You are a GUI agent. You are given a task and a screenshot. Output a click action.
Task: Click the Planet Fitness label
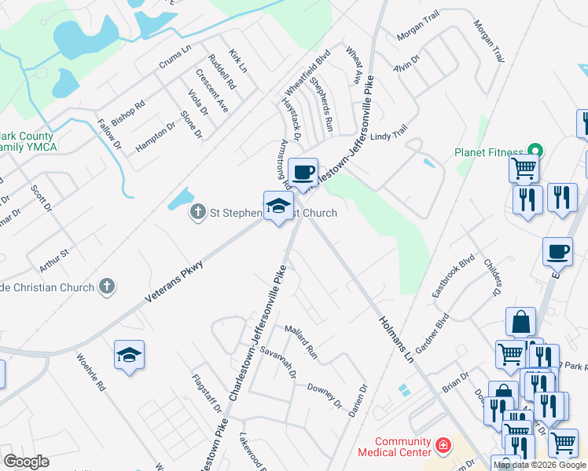tap(488, 152)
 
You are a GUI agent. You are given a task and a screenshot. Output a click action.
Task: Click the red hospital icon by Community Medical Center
tap(443, 446)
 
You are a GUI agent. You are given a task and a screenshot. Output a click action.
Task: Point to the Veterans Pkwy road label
tap(174, 283)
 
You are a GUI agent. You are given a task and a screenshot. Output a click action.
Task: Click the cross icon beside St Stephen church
tap(197, 213)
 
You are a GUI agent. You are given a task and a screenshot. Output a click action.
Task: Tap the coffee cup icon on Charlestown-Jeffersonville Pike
tap(303, 171)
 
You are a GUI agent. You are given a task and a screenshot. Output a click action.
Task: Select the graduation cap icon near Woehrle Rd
tap(129, 355)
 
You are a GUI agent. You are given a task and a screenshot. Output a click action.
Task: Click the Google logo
tap(26, 461)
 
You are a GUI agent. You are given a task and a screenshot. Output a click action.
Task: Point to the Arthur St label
tap(55, 253)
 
